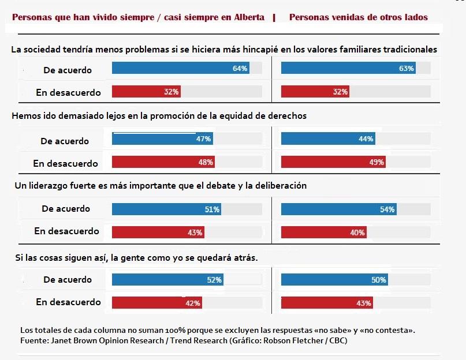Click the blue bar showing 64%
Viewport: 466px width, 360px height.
tap(180, 69)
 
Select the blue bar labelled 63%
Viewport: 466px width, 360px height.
tap(348, 69)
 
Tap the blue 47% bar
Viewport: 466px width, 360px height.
tap(162, 139)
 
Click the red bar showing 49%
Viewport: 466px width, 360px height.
tap(333, 162)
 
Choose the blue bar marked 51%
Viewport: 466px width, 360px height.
tap(166, 209)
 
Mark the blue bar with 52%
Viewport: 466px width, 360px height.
tap(167, 280)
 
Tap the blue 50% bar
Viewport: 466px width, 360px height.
tap(334, 280)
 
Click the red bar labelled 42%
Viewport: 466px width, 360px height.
tap(156, 303)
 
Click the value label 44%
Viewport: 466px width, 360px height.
tap(366, 139)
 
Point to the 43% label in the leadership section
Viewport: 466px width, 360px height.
tap(195, 232)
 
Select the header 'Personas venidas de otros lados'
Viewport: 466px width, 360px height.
tap(358, 17)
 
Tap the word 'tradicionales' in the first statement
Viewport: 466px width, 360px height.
tap(407, 50)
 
